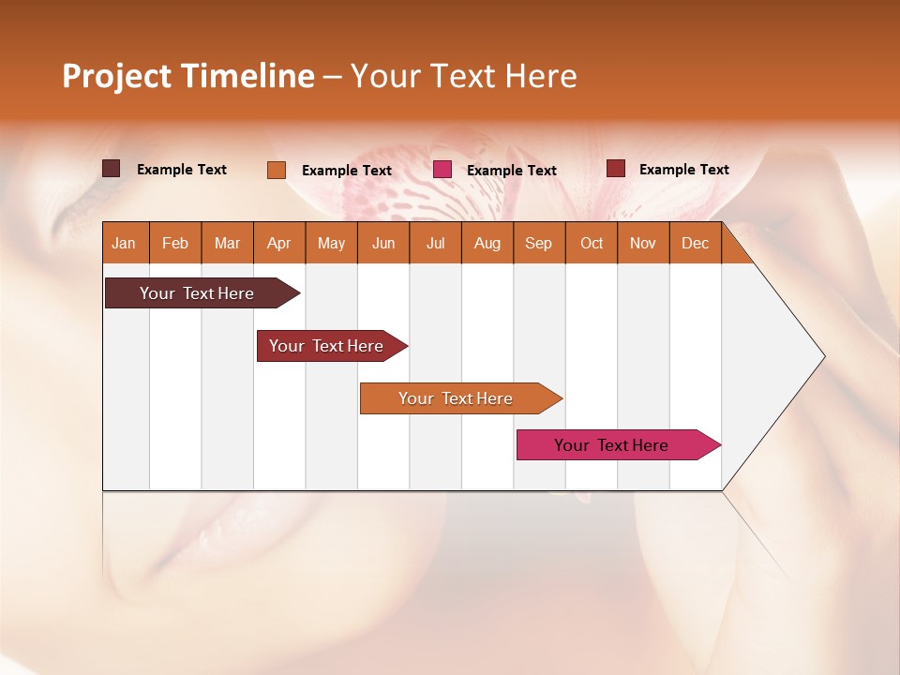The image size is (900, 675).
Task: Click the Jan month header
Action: (124, 243)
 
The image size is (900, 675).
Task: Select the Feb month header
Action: (175, 243)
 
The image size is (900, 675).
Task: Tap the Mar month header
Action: (227, 243)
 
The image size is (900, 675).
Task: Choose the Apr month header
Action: (278, 243)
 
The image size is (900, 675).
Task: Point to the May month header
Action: (331, 243)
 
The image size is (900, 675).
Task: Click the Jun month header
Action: (383, 243)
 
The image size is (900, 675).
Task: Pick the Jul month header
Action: (435, 243)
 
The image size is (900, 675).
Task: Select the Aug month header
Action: (487, 243)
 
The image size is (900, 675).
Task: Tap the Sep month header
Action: (538, 243)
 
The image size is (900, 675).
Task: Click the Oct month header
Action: (592, 243)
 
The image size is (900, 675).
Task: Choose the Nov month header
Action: (643, 243)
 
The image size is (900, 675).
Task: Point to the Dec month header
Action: (695, 243)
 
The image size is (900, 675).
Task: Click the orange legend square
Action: (277, 170)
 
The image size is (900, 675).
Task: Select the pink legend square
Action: (442, 170)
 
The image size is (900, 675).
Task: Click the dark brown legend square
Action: (112, 169)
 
